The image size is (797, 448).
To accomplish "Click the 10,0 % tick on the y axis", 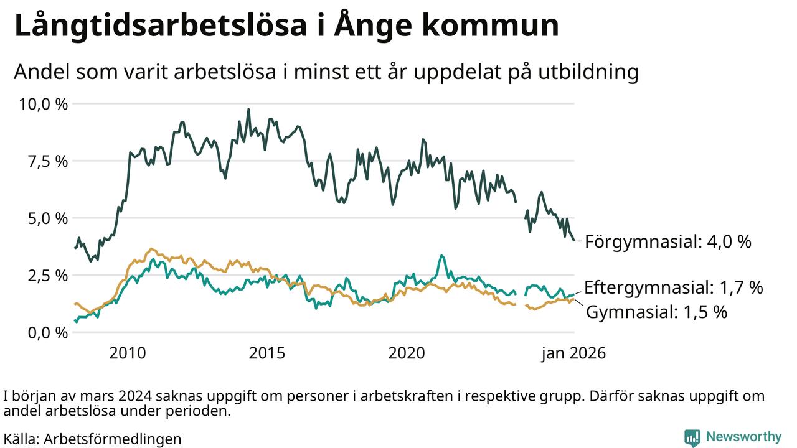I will tap(43, 104).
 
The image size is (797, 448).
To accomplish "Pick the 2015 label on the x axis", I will tap(266, 353).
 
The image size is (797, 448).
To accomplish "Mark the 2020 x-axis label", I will tap(406, 353).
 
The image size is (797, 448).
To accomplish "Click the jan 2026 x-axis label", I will tap(573, 353).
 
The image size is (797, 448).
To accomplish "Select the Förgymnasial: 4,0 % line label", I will tap(668, 241).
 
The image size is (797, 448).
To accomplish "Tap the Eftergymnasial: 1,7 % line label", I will tap(673, 287).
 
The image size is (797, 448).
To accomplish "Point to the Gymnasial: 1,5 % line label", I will tap(657, 312).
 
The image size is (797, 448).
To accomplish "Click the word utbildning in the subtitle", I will tap(585, 73).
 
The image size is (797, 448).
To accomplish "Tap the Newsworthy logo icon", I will tap(692, 437).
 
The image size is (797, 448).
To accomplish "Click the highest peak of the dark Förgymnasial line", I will tap(248, 110).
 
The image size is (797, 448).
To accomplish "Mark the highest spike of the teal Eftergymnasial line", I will tap(441, 255).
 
